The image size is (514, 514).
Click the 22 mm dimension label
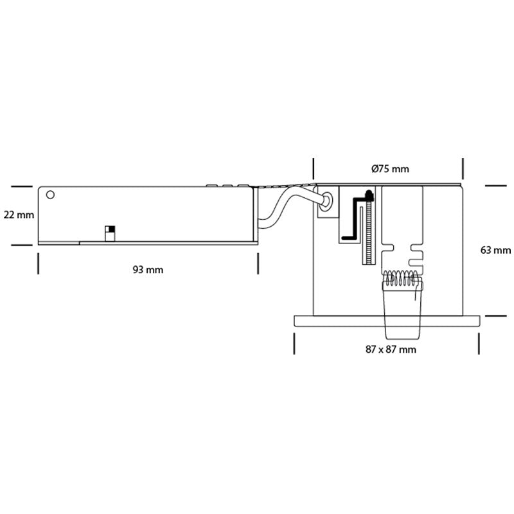[x=19, y=215]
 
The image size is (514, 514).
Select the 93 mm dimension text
[x=148, y=269]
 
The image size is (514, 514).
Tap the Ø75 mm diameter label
[x=390, y=169]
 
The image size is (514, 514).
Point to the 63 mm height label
[x=495, y=250]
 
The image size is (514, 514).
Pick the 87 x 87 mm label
[x=391, y=349]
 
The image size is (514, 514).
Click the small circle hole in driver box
[x=50, y=195]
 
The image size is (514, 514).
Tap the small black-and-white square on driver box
[x=110, y=229]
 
